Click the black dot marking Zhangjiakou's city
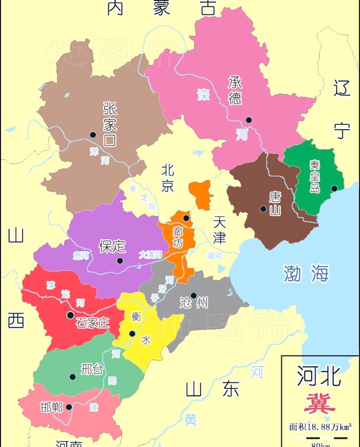pyautogui.click(x=93, y=135)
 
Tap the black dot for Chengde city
pyautogui.click(x=249, y=120)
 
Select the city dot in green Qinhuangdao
pyautogui.click(x=334, y=189)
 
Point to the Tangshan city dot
pyautogui.click(x=263, y=209)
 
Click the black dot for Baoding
pyautogui.click(x=120, y=261)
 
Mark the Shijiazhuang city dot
pyautogui.click(x=70, y=315)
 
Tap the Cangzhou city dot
pyautogui.click(x=193, y=296)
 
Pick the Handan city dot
pyautogui.click(x=69, y=407)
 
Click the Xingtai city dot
pyautogui.click(x=72, y=377)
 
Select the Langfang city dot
pyautogui.click(x=186, y=218)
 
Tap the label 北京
pyautogui.click(x=168, y=178)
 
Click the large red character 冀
pyautogui.click(x=320, y=403)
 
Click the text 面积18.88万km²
pyautogui.click(x=320, y=427)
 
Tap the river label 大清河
pyautogui.click(x=151, y=254)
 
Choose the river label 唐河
pyautogui.click(x=81, y=256)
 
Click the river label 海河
pyautogui.click(x=215, y=255)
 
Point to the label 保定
pyautogui.click(x=112, y=246)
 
